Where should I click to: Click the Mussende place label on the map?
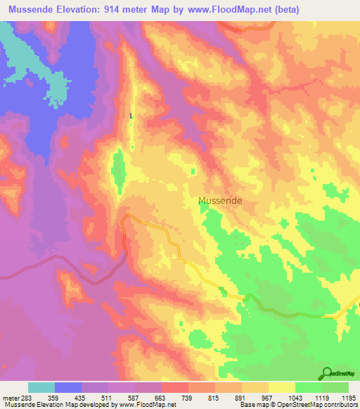coord(220,200)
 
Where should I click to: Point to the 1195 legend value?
coord(340,397)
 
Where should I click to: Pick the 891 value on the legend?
coord(242,397)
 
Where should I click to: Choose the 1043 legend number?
coord(295,397)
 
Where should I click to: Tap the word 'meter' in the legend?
coord(11,397)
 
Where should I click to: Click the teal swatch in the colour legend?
coord(41,387)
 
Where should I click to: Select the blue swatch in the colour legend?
coord(68,387)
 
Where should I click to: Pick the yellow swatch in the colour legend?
coord(282,387)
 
